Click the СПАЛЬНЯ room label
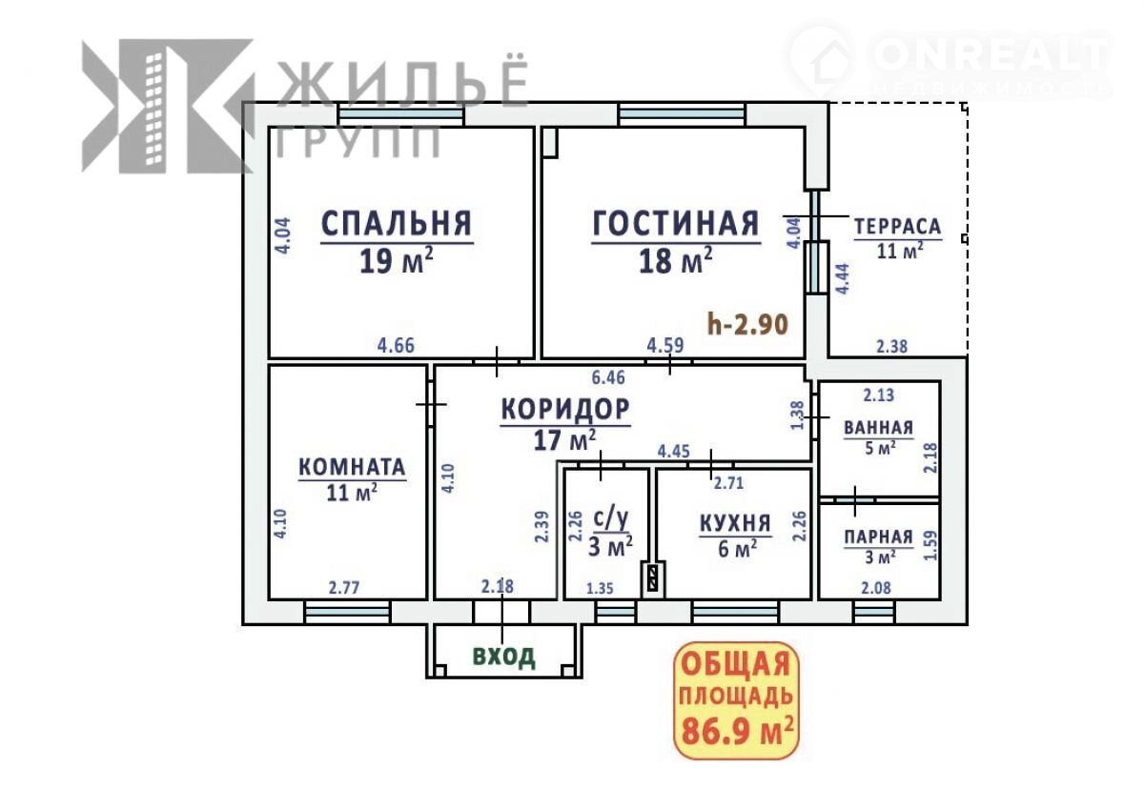coord(397,223)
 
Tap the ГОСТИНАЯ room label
coord(676,223)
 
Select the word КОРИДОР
coord(565,409)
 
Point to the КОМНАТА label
coord(352,467)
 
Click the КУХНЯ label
coord(735,524)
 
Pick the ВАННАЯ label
coord(878,428)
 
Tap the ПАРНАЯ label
coord(878,537)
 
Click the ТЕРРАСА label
coord(898,227)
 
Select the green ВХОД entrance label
coord(504,657)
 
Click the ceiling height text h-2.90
coord(748,324)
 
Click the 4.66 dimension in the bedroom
coord(396,346)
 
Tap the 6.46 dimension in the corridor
coord(608,377)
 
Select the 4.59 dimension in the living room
coord(665,346)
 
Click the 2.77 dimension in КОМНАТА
coord(344,589)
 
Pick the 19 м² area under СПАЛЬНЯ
coord(397,261)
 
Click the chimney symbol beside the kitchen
coord(653,578)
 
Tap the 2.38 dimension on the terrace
coord(892,347)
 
